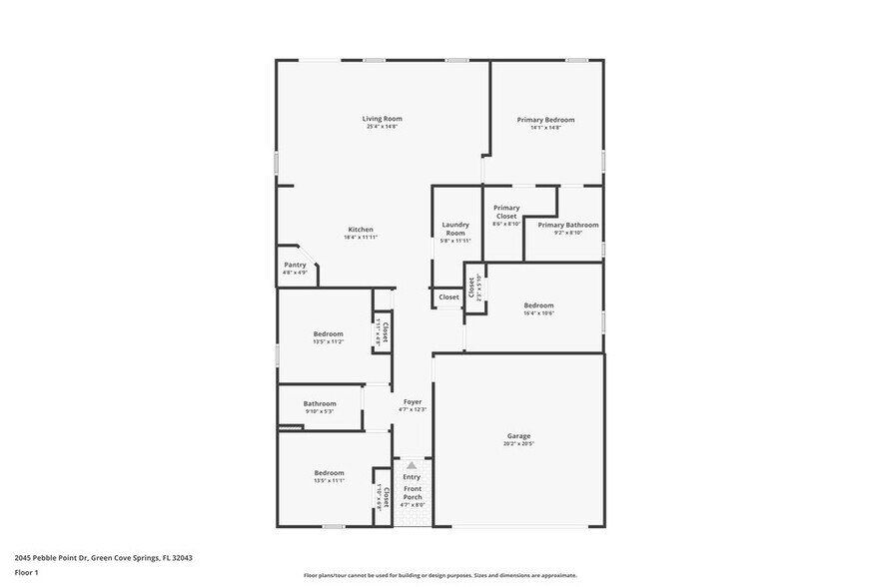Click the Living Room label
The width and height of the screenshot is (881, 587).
click(x=382, y=119)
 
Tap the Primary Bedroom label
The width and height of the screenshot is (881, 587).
click(x=545, y=120)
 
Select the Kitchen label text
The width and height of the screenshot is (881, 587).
click(x=361, y=229)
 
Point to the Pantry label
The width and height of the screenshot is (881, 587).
click(x=295, y=265)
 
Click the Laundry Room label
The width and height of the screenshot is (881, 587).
click(x=455, y=229)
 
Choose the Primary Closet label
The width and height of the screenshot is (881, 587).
click(x=506, y=212)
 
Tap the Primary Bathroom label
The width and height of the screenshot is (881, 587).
click(x=568, y=225)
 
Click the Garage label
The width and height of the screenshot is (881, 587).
click(x=518, y=435)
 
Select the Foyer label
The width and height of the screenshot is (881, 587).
click(x=413, y=401)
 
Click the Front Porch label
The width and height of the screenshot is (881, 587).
click(x=413, y=493)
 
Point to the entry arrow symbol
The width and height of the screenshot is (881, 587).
click(x=412, y=465)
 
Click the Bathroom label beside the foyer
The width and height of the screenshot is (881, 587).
click(x=320, y=403)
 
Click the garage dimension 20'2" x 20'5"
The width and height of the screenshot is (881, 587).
click(x=518, y=443)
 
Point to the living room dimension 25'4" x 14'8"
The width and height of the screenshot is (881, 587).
click(x=382, y=127)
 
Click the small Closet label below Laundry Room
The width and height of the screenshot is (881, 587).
click(x=449, y=296)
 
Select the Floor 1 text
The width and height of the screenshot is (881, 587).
click(x=26, y=572)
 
